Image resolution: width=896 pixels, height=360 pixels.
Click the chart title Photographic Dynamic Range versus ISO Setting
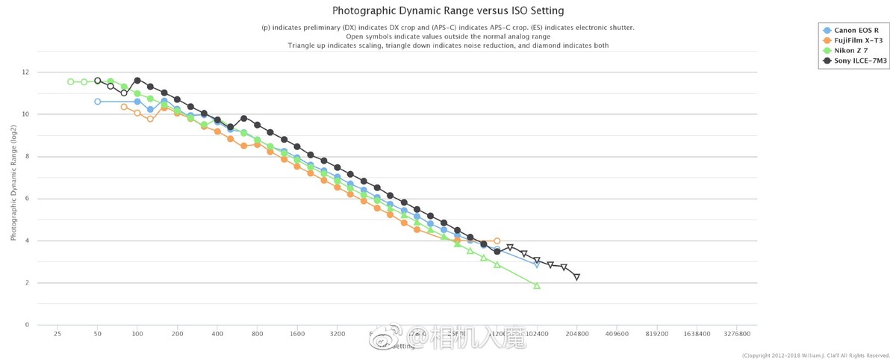[447, 10]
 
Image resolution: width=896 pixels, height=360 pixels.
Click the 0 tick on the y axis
[27, 325]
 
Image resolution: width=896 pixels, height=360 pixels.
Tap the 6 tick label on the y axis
[27, 199]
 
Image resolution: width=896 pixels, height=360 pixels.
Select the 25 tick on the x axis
[57, 335]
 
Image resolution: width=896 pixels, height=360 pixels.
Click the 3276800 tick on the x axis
[737, 335]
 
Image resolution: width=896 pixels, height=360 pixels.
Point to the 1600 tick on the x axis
[297, 335]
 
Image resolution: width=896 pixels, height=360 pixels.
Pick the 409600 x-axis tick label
[616, 335]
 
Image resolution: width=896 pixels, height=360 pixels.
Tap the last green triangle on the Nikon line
[537, 285]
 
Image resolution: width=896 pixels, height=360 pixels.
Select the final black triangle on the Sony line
[576, 277]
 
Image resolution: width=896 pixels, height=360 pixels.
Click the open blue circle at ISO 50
[98, 102]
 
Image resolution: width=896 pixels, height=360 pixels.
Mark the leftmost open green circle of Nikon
[71, 82]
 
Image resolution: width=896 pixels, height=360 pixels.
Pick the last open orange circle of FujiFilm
[497, 241]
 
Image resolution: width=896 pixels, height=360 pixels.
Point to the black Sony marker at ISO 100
[137, 81]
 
